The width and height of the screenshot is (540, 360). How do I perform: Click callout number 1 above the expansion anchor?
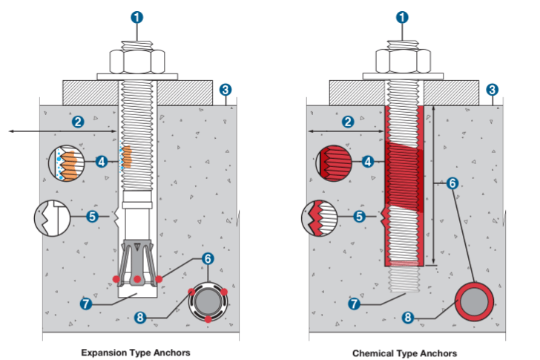tap(136, 17)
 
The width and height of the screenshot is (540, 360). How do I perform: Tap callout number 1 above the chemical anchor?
tap(402, 17)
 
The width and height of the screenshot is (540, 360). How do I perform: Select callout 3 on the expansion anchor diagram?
tap(225, 90)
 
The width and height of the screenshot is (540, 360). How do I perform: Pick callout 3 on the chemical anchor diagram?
tap(492, 90)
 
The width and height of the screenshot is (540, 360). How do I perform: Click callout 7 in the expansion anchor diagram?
tap(86, 304)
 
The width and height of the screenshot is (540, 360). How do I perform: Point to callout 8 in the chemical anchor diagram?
tap(408, 317)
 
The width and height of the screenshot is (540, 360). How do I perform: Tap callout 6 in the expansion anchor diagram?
tap(208, 258)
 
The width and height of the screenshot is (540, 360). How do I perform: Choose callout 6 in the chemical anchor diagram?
tap(452, 183)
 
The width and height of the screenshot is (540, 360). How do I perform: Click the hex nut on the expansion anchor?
tap(137, 62)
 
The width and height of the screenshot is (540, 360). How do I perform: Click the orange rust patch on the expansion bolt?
tap(127, 157)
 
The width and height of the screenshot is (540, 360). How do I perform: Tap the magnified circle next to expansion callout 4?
tap(67, 163)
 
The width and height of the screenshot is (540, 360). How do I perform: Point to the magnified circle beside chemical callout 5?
tap(320, 218)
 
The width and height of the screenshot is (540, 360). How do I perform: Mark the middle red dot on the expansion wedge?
tap(137, 279)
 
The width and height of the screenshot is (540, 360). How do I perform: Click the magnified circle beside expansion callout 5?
tap(53, 218)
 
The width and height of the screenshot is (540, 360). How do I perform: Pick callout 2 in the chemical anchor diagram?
tap(348, 122)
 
